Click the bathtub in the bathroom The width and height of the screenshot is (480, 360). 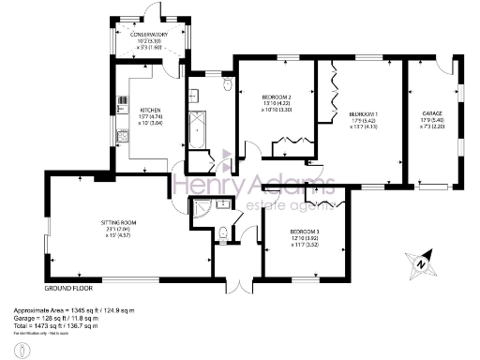point(196,127)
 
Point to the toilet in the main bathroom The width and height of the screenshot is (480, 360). point(227,84)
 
